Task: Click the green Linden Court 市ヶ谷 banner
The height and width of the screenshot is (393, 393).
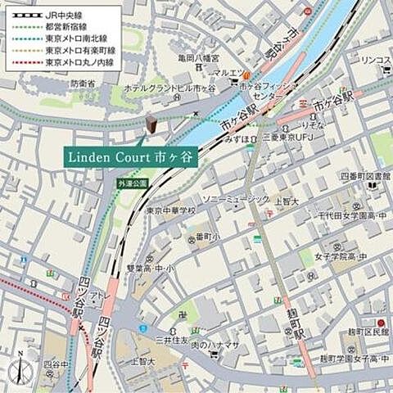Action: pos(130,157)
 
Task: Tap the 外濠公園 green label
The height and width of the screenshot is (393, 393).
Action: pos(132,184)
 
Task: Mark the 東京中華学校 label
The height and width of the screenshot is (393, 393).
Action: pos(171,210)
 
